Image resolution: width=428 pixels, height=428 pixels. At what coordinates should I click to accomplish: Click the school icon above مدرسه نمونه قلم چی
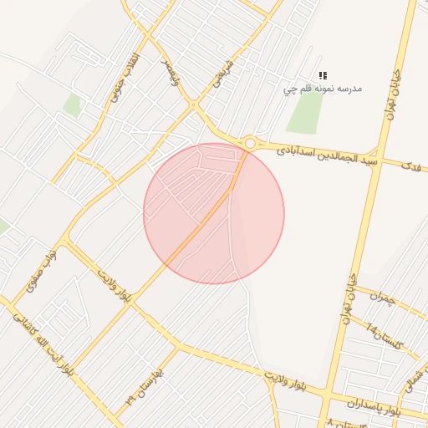tap(323, 75)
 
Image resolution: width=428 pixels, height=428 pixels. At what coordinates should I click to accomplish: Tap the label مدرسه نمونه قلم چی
tap(322, 87)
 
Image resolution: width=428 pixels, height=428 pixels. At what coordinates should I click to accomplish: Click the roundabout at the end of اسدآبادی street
tap(250, 144)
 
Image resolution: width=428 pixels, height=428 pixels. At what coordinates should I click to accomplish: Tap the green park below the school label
tap(305, 112)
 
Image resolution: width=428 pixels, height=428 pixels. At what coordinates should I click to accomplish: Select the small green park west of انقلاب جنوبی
tap(73, 105)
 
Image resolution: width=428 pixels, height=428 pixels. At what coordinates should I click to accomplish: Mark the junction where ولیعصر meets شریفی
tap(194, 105)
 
